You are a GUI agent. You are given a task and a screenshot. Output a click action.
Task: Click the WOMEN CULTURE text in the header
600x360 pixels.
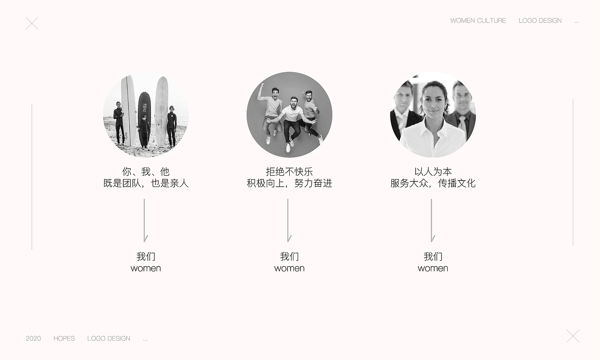coord(478,21)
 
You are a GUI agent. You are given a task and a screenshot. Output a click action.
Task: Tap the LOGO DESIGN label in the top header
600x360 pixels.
coord(540,21)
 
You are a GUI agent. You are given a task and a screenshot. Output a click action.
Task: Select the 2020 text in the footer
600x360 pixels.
coord(33,338)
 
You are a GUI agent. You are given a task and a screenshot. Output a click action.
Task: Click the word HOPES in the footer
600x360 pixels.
coord(64,338)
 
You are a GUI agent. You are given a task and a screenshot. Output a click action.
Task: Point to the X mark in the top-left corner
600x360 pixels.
coord(32,23)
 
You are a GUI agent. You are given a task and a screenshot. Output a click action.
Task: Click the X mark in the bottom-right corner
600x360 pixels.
coord(573,336)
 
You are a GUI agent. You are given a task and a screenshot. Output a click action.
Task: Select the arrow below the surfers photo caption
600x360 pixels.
coord(144,220)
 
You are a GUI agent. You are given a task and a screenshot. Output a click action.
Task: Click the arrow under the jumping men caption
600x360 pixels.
coord(288,220)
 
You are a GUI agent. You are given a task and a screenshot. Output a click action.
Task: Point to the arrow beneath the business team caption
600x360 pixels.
coord(432,220)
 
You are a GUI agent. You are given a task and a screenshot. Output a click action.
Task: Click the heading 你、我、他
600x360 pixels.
coord(146,172)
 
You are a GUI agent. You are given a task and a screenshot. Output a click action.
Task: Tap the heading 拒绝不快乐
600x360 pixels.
coord(289,172)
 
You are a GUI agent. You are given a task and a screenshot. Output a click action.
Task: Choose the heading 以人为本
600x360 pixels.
coord(433,172)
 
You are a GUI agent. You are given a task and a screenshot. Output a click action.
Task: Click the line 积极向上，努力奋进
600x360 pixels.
coord(289,183)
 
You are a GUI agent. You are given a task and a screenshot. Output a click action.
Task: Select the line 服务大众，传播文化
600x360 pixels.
coord(433,183)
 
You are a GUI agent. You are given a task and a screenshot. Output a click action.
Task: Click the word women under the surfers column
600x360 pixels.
coord(146,269)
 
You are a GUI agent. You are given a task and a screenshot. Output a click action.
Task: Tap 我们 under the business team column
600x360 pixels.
coord(433,256)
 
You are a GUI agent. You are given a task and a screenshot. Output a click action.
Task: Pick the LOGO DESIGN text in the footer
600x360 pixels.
coord(109,338)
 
